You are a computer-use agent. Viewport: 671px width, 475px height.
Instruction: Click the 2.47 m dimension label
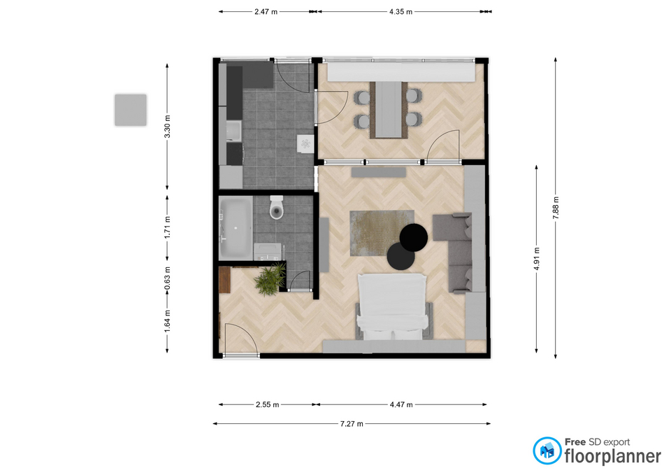[266, 12]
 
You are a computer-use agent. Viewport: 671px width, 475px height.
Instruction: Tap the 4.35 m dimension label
[401, 12]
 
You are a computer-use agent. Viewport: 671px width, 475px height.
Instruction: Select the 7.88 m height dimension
[556, 208]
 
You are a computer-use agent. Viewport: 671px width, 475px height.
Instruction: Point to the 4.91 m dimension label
[537, 259]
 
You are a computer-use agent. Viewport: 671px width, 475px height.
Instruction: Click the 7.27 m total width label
[352, 424]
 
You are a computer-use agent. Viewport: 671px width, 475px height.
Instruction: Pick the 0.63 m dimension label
[167, 278]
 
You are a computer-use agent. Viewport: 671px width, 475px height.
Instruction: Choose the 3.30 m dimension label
[167, 127]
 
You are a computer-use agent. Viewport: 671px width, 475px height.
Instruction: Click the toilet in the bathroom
[277, 207]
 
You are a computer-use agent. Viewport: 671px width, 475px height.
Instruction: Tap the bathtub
[236, 228]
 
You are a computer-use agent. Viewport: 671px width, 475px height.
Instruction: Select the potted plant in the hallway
[270, 279]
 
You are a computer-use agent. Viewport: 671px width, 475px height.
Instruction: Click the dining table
[389, 109]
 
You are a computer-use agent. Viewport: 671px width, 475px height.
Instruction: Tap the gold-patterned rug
[382, 233]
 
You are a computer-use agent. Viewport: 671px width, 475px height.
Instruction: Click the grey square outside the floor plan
[131, 110]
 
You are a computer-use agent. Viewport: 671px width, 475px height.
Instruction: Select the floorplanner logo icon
[547, 451]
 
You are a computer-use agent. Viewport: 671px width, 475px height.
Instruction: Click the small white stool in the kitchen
[305, 143]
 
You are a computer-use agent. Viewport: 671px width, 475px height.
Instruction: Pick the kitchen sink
[234, 131]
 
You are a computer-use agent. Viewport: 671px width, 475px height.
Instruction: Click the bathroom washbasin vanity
[268, 252]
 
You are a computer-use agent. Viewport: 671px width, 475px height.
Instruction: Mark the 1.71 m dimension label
[167, 227]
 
